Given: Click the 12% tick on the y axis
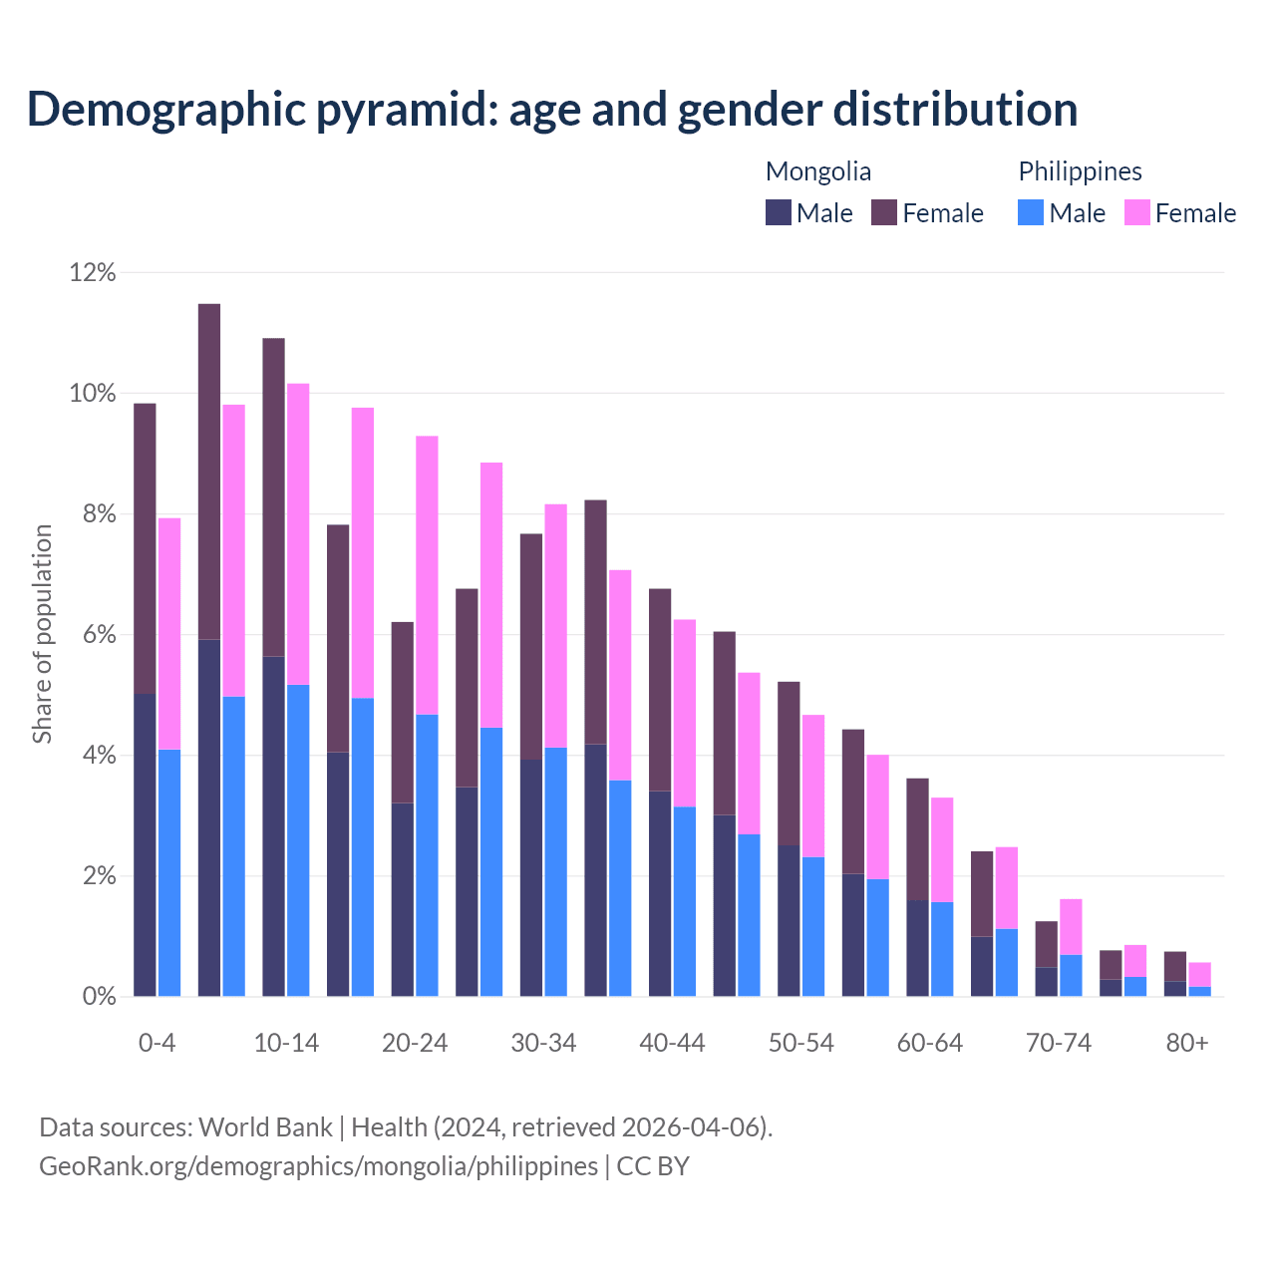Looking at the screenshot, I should (x=93, y=272).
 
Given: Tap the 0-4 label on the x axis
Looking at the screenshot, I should (x=157, y=1043).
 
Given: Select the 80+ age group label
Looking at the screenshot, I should (x=1187, y=1043).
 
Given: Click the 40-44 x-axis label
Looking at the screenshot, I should (x=672, y=1043).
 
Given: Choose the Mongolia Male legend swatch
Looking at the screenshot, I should (x=779, y=212).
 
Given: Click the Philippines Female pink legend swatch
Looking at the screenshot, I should (x=1137, y=212).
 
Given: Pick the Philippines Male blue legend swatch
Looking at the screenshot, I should (x=1031, y=212).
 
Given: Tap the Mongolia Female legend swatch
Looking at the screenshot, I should (x=884, y=212).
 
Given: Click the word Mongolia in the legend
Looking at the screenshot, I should (x=818, y=171).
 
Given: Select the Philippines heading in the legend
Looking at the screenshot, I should (x=1080, y=171).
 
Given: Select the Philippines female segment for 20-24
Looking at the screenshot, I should (x=427, y=575).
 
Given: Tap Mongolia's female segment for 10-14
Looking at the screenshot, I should (x=273, y=497).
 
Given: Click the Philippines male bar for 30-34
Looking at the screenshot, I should (x=555, y=872).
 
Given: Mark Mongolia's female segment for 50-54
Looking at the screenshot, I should (x=789, y=764).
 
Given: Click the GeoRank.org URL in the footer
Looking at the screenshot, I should (x=318, y=1166).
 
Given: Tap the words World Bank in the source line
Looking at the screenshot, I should (x=265, y=1127).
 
